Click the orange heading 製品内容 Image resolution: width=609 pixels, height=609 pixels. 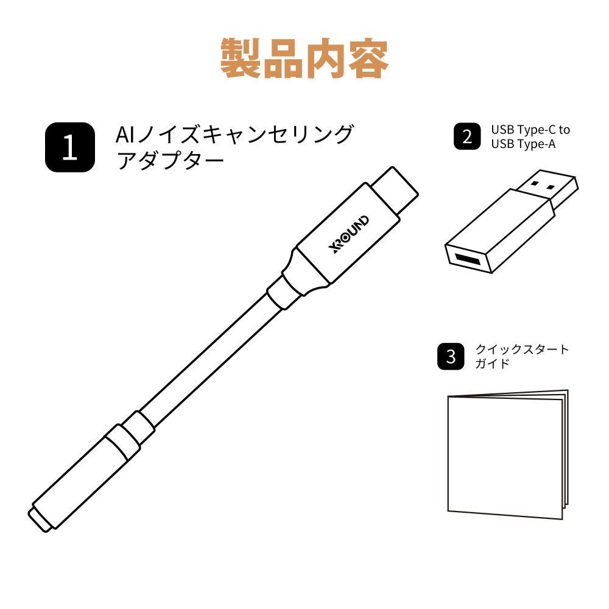304,58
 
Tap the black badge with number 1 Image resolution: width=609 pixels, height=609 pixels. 70,147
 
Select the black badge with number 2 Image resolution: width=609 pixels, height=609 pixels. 467,136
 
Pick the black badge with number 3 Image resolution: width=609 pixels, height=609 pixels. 451,356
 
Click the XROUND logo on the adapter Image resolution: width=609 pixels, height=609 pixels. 348,234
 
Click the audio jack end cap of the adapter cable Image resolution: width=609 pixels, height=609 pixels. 39,519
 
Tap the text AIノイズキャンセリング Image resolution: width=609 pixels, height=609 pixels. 234,135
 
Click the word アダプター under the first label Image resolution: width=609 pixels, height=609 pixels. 170,160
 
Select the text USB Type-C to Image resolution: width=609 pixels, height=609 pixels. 530,130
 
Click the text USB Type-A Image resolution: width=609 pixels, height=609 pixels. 523,144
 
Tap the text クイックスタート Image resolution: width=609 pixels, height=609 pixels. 522,349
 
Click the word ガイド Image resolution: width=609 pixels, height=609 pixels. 492,364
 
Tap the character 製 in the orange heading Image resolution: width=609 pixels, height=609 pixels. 241,58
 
